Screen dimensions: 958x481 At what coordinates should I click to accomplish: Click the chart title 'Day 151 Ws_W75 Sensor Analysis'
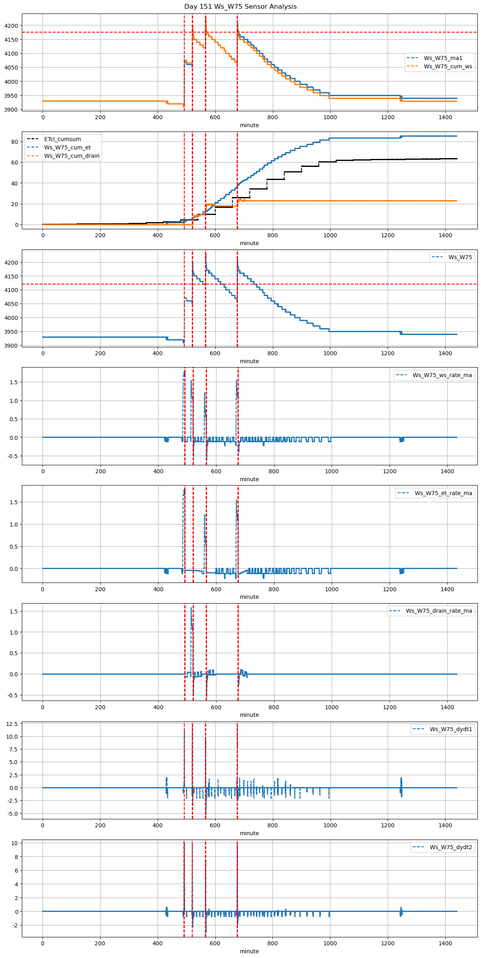click(x=240, y=6)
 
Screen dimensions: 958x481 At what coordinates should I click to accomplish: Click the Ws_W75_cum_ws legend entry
click(x=448, y=66)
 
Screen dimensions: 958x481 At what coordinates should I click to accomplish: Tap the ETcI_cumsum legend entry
click(x=62, y=139)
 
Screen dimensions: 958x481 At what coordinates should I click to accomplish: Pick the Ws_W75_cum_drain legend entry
click(x=71, y=156)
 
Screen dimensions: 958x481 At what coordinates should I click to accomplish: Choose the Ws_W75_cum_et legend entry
click(x=67, y=147)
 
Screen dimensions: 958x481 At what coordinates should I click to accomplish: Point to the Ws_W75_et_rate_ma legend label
click(x=443, y=493)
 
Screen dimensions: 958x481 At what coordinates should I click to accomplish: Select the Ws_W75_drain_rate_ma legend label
click(x=439, y=611)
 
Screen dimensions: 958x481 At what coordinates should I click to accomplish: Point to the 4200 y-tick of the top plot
click(x=11, y=26)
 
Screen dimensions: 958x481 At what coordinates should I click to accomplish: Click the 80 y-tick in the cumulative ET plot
click(x=15, y=142)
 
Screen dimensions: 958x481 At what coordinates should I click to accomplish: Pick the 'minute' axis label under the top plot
click(x=249, y=125)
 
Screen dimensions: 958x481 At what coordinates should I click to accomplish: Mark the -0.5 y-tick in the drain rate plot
click(x=12, y=695)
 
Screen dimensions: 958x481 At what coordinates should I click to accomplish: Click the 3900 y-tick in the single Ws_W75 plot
click(x=11, y=346)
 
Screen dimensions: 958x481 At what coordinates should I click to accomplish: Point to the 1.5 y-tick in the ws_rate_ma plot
click(x=14, y=382)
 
